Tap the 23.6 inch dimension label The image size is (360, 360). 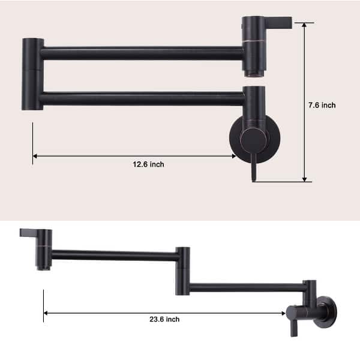click(x=164, y=320)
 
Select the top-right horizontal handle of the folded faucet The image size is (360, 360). click(x=278, y=22)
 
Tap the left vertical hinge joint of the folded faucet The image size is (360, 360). click(x=32, y=74)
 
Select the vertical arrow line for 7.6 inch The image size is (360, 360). click(x=304, y=102)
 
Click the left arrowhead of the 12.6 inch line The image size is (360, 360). click(x=35, y=156)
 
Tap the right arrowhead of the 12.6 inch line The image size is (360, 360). click(x=233, y=156)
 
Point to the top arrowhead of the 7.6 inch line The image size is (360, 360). click(x=304, y=26)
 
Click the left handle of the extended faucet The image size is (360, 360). click(x=31, y=232)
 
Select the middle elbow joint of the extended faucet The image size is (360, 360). click(x=182, y=271)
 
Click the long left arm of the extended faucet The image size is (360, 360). click(x=114, y=255)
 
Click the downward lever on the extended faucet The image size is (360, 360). click(x=295, y=326)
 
